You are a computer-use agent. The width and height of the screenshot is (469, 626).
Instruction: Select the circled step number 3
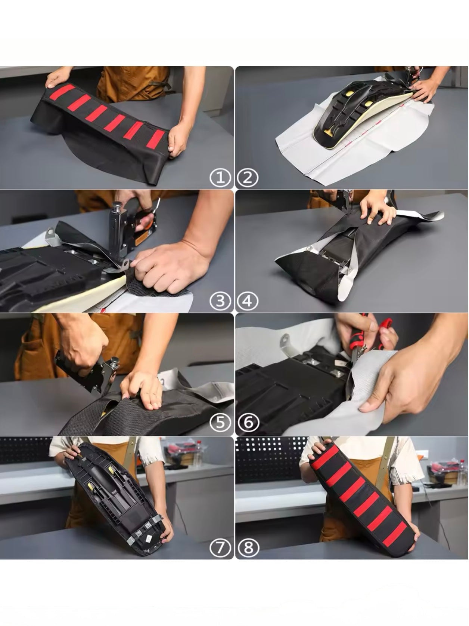click(220, 301)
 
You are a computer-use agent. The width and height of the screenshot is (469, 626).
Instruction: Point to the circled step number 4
click(248, 301)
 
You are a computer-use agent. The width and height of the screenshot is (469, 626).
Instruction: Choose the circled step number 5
click(220, 423)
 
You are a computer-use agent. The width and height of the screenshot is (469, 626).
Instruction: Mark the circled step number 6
click(248, 423)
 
